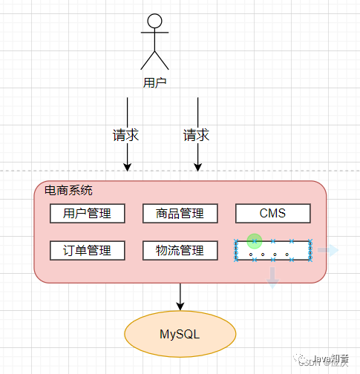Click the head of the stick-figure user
(154, 21)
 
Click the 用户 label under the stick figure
(154, 82)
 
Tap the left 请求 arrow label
(126, 136)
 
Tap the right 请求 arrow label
(197, 136)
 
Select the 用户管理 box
(87, 214)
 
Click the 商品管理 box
(180, 214)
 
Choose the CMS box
(272, 214)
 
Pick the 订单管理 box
(87, 251)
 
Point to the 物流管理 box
(180, 251)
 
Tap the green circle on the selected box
(255, 241)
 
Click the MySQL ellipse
(180, 334)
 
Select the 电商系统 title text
(69, 191)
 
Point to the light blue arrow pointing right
(327, 250)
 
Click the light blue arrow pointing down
(272, 278)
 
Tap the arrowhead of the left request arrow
(127, 168)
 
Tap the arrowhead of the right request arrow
(197, 168)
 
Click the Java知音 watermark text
(331, 358)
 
